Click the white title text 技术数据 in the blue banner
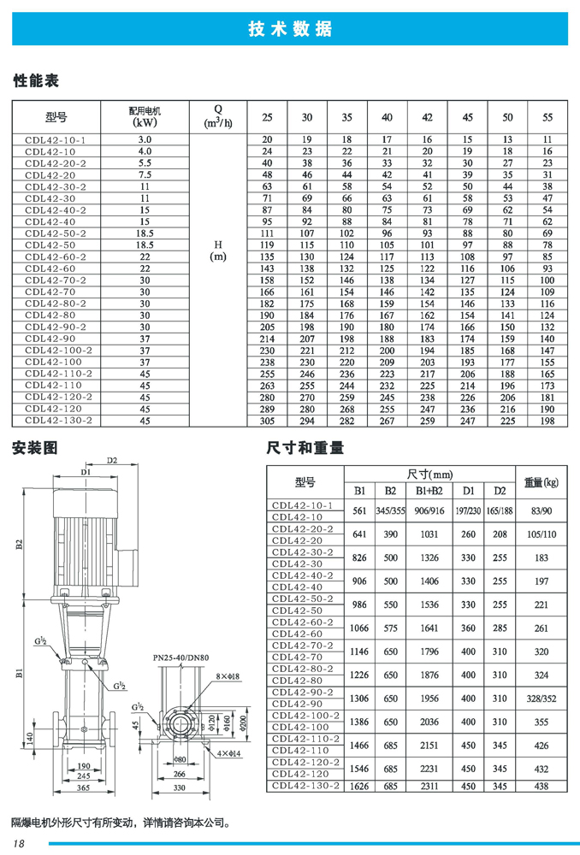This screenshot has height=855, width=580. (289, 28)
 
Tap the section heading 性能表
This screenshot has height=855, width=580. (35, 82)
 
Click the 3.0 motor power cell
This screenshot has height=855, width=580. (145, 139)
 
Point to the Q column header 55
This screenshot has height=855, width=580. (548, 117)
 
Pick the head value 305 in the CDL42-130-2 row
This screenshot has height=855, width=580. (267, 421)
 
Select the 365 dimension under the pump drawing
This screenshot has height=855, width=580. (82, 787)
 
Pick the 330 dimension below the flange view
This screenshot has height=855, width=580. (179, 787)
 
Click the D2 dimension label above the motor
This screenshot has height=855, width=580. (112, 461)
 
